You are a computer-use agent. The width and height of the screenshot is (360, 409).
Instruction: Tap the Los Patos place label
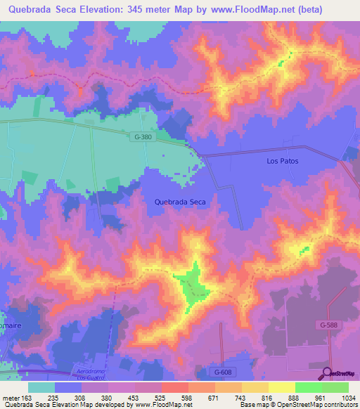pyautogui.click(x=283, y=161)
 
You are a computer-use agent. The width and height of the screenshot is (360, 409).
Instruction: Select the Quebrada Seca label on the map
pyautogui.click(x=180, y=202)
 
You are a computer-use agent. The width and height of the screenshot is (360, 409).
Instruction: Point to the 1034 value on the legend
pyautogui.click(x=347, y=398)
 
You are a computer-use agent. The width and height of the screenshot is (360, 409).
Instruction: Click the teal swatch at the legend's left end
pyautogui.click(x=41, y=387)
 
